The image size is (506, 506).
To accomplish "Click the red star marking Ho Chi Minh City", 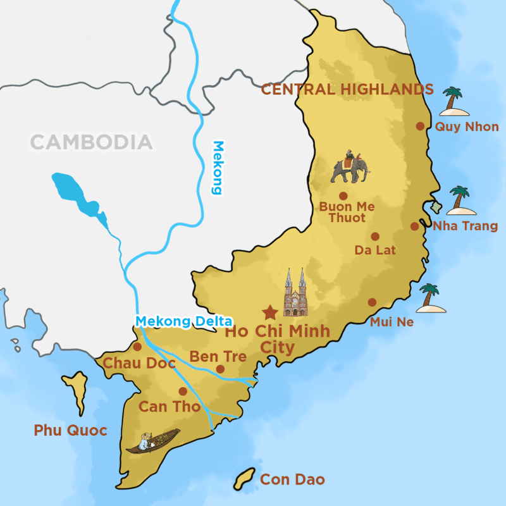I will [x=270, y=312].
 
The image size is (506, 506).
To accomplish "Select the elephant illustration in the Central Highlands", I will [x=350, y=168].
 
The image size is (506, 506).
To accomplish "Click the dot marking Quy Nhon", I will [x=420, y=126].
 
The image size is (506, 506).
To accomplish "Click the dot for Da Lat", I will [x=375, y=237].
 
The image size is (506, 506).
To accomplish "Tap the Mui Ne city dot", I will [x=372, y=302].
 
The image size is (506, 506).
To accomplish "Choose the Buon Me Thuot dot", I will [x=343, y=196].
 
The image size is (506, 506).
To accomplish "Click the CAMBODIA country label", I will [x=92, y=142].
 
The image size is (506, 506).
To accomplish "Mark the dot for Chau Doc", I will [x=137, y=347].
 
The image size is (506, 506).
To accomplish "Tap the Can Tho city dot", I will [x=183, y=391].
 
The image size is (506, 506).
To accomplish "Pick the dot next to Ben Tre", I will [x=220, y=369].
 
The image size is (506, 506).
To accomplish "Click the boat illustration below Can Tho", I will [x=152, y=441].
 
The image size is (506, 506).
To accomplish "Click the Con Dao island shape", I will [x=244, y=479].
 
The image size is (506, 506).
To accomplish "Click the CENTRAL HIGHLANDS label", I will [x=347, y=89].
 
